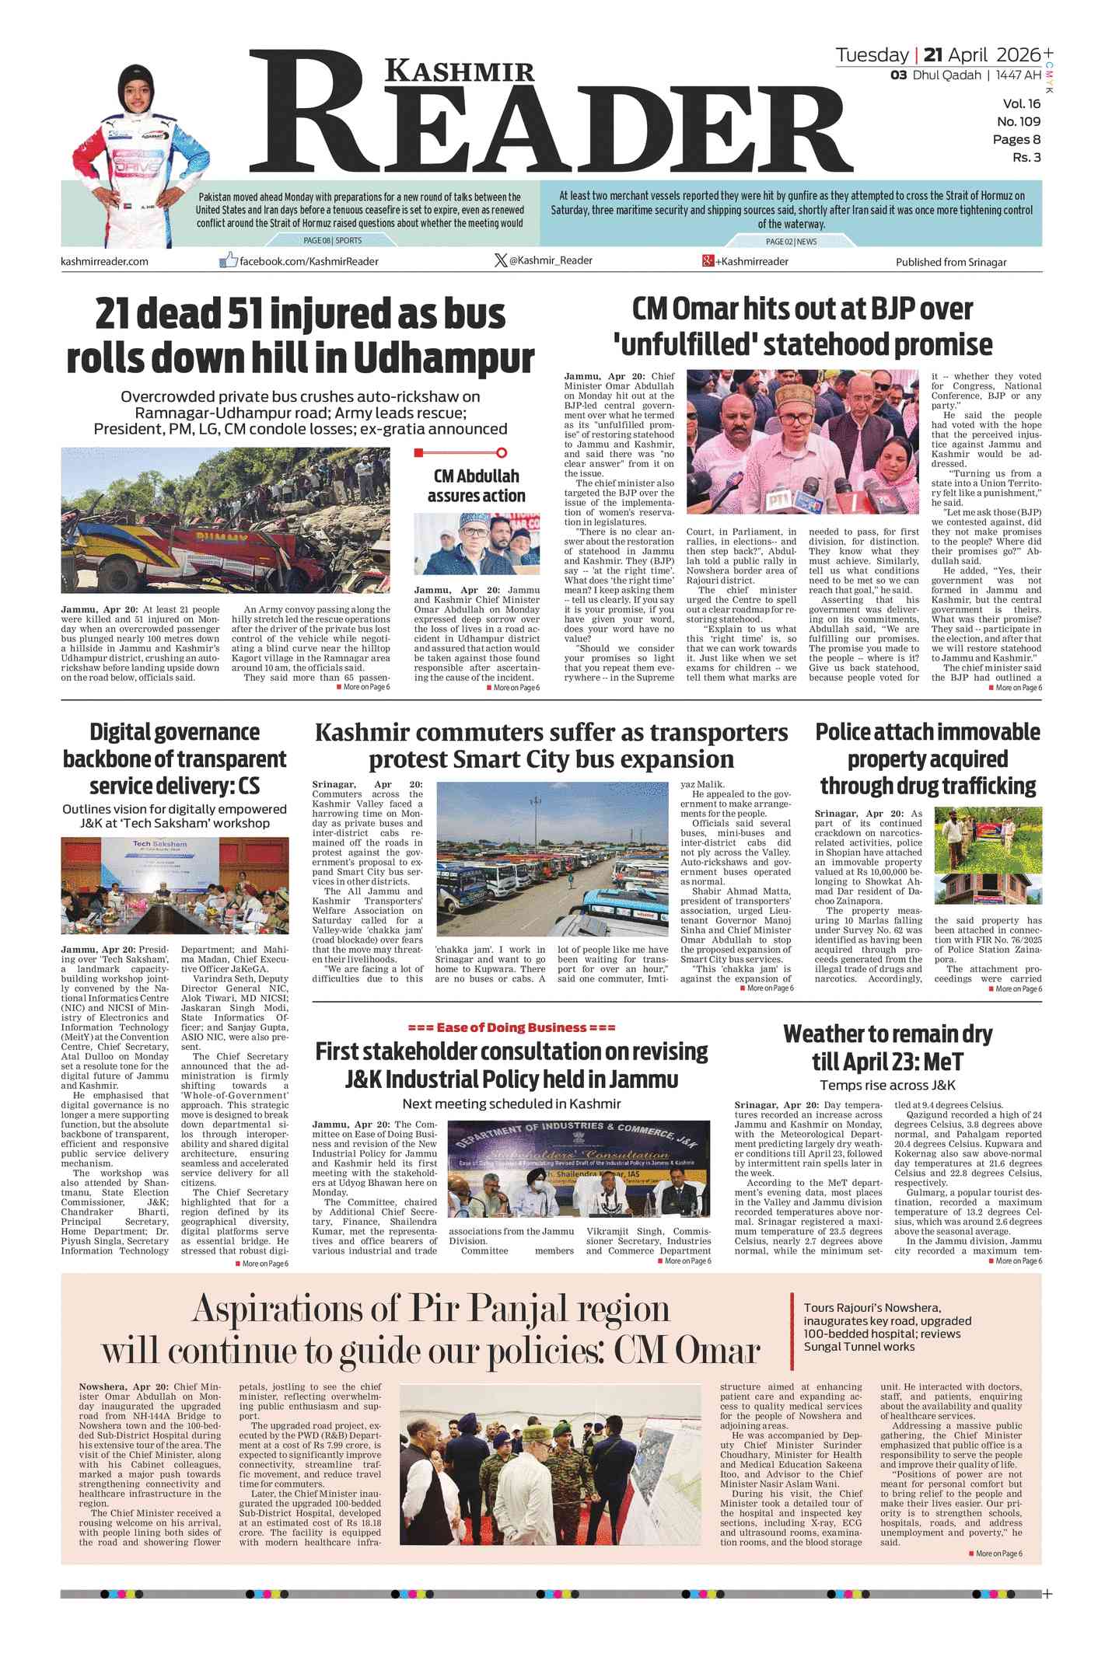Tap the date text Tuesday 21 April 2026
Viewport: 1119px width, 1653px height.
(x=937, y=55)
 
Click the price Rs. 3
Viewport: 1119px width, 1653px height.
(x=1026, y=158)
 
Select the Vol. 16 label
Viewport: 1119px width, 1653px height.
(x=1021, y=104)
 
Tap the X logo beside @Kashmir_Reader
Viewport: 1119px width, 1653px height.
(x=500, y=260)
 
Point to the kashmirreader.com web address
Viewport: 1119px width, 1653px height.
(x=104, y=261)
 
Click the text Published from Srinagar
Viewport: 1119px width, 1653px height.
(x=950, y=262)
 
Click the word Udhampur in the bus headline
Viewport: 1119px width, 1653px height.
(x=444, y=358)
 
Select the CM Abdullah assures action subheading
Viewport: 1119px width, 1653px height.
(x=476, y=486)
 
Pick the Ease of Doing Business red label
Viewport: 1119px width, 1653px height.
(x=511, y=1027)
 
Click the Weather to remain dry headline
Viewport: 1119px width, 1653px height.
(x=887, y=1048)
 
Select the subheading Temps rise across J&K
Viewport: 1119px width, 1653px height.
(x=887, y=1085)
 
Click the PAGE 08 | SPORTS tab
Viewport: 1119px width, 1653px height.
(x=332, y=241)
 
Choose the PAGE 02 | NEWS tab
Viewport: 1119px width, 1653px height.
(x=791, y=242)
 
